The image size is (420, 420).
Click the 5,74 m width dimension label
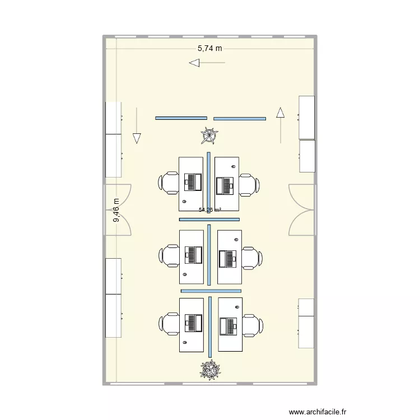point(209,49)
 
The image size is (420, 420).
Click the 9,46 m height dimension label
point(116,211)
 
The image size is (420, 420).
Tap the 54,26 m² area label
point(210,210)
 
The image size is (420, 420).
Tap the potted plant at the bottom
point(211,369)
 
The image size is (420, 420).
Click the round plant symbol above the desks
point(210,136)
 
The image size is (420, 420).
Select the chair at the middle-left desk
point(169,255)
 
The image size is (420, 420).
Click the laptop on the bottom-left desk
point(194,324)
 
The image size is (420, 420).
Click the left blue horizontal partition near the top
point(181,118)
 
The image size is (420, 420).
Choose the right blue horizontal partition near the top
point(240,118)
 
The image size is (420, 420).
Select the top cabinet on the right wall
point(307,117)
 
